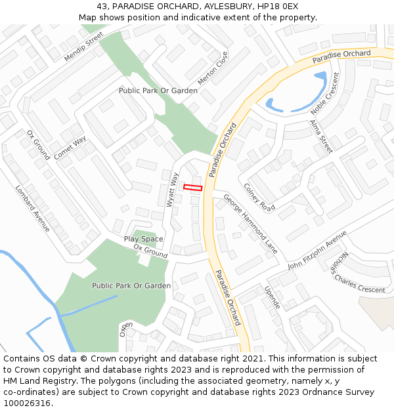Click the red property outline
[x=192, y=188]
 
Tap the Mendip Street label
[x=84, y=47]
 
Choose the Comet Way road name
[x=70, y=148]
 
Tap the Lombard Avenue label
[x=33, y=209]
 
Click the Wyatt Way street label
[x=173, y=190]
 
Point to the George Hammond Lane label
[x=250, y=224]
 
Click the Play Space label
[x=144, y=239]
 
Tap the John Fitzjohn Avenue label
[x=317, y=250]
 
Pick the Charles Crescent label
[x=359, y=284]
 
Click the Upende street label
[x=273, y=297]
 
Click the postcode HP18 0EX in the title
[x=278, y=6]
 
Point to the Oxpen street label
[x=125, y=328]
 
